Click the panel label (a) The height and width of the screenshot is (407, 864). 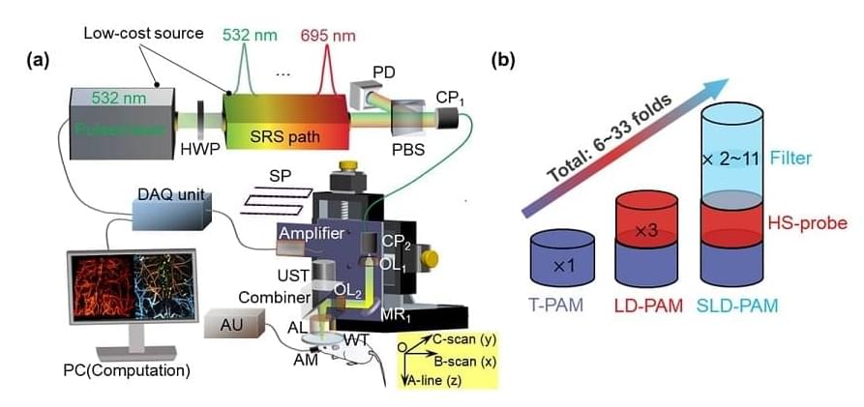38,61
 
